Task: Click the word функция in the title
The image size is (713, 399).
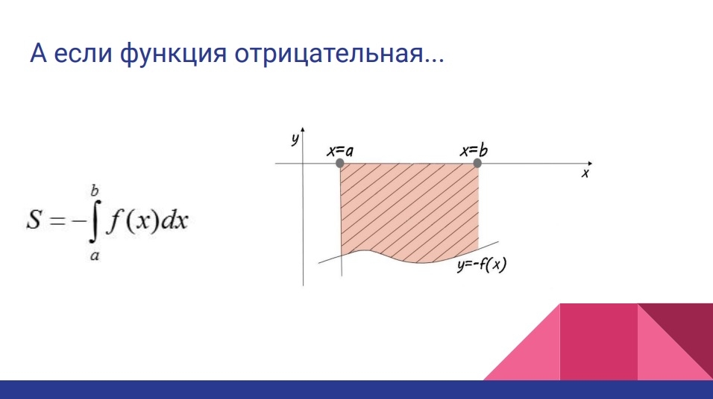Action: pyautogui.click(x=174, y=54)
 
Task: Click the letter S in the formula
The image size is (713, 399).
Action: pyautogui.click(x=34, y=219)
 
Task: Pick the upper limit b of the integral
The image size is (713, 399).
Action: pyautogui.click(x=95, y=191)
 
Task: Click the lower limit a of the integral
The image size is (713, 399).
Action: pyautogui.click(x=95, y=256)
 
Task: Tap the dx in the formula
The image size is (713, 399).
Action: pyautogui.click(x=175, y=220)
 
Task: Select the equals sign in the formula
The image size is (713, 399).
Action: pyautogui.click(x=57, y=221)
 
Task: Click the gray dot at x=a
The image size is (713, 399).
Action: pyautogui.click(x=339, y=163)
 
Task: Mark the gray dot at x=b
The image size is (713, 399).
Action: pyautogui.click(x=477, y=163)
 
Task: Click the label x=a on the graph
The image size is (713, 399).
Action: pyautogui.click(x=340, y=151)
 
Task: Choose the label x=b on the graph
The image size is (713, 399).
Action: pyautogui.click(x=474, y=150)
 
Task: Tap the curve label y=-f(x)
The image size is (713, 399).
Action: pyautogui.click(x=482, y=265)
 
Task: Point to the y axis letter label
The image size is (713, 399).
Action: pyautogui.click(x=295, y=139)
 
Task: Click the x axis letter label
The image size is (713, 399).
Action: pyautogui.click(x=585, y=173)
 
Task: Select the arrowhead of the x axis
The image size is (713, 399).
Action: pyautogui.click(x=590, y=163)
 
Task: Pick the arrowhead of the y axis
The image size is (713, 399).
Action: pyautogui.click(x=302, y=130)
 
